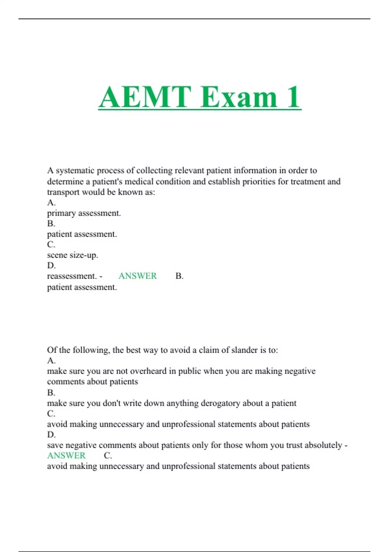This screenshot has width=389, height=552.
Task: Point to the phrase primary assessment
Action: coord(84,213)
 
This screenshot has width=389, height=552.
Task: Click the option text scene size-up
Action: coord(73,255)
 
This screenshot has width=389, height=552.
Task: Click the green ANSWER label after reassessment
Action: coord(137,276)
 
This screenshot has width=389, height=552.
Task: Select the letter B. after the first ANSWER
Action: coord(179,276)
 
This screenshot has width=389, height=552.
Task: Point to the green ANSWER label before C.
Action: coord(66,456)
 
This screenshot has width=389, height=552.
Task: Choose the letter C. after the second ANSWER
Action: coord(108,456)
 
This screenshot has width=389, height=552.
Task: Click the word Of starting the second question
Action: coord(52,350)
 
